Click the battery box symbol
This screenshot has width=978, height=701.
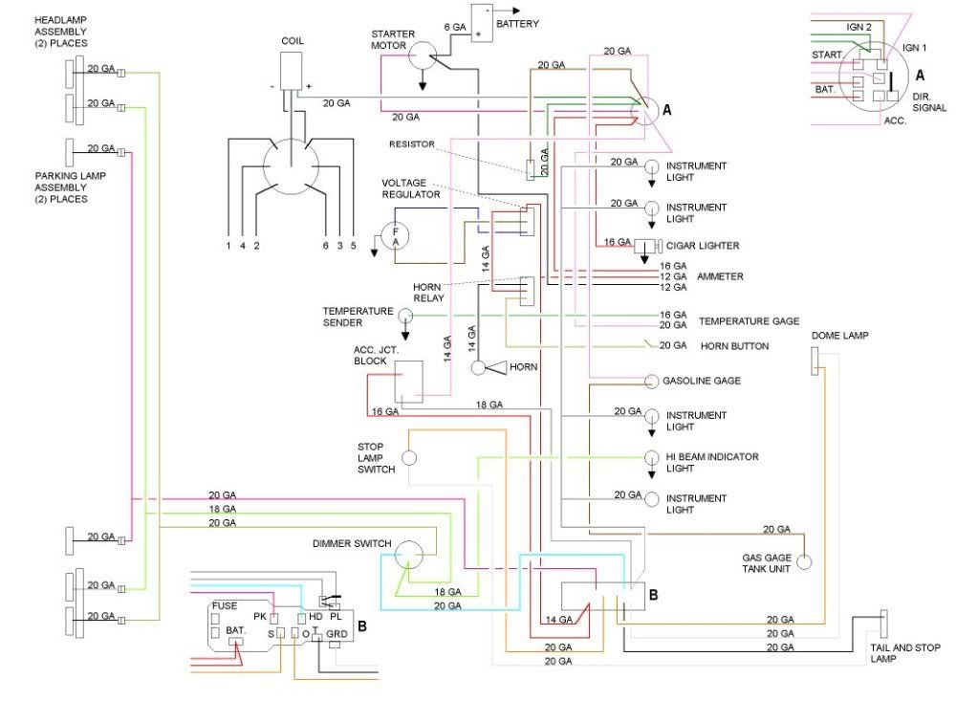tap(482, 23)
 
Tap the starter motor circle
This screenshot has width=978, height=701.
tap(423, 55)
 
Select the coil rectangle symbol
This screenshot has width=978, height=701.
tap(291, 71)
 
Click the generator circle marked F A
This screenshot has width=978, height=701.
tap(395, 236)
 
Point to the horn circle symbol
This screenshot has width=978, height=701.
tap(478, 368)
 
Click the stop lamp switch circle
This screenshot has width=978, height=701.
tap(408, 458)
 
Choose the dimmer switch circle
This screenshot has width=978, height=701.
tap(409, 554)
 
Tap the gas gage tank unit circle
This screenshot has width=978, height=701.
tap(805, 562)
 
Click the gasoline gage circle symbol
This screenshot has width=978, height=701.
tap(651, 381)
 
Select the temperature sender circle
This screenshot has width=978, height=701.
tap(404, 316)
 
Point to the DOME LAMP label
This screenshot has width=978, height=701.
tap(839, 336)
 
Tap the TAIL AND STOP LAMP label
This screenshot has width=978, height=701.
tap(905, 653)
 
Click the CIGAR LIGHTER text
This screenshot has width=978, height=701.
tap(703, 246)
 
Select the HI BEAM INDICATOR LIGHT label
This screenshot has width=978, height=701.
tap(712, 462)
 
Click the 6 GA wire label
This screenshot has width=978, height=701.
tap(455, 28)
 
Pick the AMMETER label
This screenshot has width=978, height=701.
tap(720, 276)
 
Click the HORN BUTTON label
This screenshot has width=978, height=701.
tap(734, 346)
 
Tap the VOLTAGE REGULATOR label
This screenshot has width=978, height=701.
tap(411, 188)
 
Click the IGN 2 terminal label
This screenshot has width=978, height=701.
tap(858, 27)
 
